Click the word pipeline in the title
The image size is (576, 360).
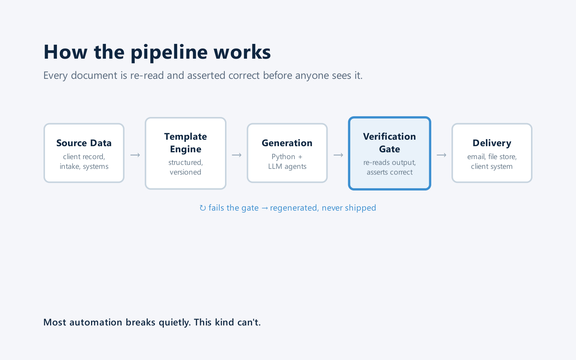pyautogui.click(x=169, y=53)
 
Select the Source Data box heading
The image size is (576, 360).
pyautogui.click(x=84, y=143)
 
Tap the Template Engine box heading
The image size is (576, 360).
pyautogui.click(x=185, y=143)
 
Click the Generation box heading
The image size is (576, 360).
pyautogui.click(x=287, y=143)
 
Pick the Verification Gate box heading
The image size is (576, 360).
pyautogui.click(x=389, y=143)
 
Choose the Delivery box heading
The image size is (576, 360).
pyautogui.click(x=492, y=143)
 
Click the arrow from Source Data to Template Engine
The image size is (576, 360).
pyautogui.click(x=135, y=155)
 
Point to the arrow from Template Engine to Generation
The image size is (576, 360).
pyautogui.click(x=237, y=155)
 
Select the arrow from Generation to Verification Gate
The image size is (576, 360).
pyautogui.click(x=338, y=155)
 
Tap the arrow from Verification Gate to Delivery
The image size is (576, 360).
pyautogui.click(x=441, y=155)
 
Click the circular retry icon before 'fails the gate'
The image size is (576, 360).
pyautogui.click(x=203, y=208)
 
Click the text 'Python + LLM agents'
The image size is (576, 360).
pyautogui.click(x=287, y=162)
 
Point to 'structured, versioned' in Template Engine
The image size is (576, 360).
pyautogui.click(x=185, y=167)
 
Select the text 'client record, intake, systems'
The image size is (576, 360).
pyautogui.click(x=84, y=162)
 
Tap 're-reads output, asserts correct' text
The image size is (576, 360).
pyautogui.click(x=390, y=167)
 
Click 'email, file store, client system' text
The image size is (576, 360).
pyautogui.click(x=492, y=162)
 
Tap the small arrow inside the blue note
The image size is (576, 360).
pyautogui.click(x=264, y=208)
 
